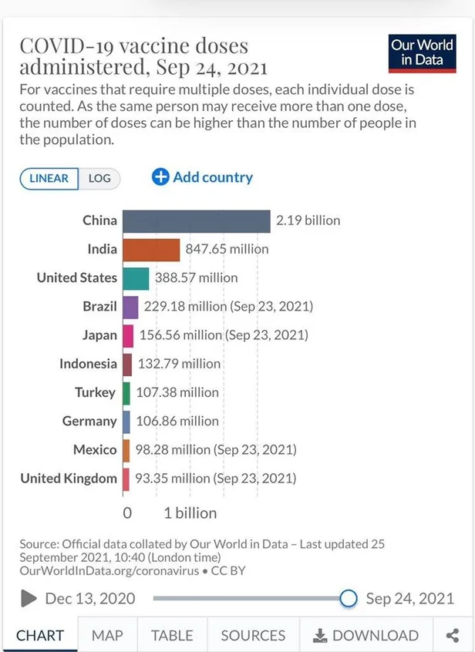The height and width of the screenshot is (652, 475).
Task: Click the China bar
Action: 197,220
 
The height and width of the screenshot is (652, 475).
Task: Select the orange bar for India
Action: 151,249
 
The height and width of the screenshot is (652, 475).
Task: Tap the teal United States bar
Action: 136,277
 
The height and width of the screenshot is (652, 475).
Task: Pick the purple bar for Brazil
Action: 130,307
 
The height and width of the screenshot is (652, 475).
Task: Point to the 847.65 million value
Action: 227,249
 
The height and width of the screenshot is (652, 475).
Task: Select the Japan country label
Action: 99,335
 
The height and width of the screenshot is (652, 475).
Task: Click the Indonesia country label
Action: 89,364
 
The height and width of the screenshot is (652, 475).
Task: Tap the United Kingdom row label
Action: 69,479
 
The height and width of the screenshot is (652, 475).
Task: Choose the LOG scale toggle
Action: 99,179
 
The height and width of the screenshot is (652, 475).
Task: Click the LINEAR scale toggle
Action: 49,179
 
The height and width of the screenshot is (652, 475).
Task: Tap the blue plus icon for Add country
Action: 160,177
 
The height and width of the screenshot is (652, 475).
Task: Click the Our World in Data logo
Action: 422,52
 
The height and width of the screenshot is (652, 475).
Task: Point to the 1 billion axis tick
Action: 190,513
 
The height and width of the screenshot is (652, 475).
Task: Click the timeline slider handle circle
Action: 349,598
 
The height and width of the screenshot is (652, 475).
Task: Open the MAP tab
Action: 107,636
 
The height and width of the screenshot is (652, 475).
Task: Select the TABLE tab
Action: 172,636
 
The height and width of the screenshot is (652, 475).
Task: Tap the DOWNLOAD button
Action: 366,636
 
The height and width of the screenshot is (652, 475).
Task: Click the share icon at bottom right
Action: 452,636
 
